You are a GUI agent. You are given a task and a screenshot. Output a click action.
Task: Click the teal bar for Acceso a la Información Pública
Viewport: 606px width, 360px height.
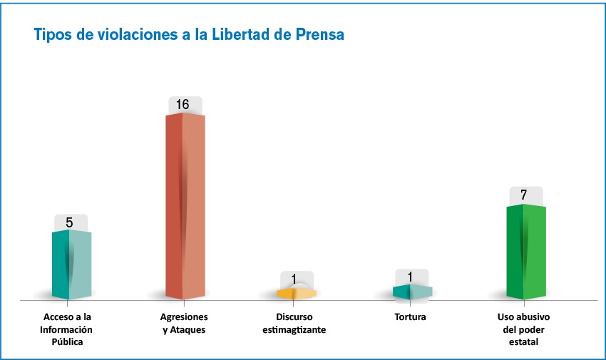71,264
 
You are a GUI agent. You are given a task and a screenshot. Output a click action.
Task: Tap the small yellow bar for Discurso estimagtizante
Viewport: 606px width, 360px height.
296,293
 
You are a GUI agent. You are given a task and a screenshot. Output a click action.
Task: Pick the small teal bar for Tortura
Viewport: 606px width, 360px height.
411,292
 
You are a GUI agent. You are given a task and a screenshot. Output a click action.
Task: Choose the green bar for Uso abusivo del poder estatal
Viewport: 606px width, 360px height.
525,251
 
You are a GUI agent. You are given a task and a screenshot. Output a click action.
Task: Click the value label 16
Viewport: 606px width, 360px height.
183,105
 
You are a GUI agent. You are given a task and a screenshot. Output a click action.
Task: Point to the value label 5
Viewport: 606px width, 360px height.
69,222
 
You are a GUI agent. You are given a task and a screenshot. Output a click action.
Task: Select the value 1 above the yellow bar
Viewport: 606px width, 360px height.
293,279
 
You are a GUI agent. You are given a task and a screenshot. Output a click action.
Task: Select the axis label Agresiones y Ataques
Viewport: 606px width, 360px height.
184,324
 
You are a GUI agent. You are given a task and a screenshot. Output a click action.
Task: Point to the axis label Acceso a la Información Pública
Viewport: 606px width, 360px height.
68,329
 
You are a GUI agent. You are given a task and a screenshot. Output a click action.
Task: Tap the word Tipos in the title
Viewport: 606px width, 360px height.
52,34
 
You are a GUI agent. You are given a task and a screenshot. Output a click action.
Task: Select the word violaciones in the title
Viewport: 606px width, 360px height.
118,34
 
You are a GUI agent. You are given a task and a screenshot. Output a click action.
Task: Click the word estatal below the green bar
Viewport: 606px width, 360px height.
523,342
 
